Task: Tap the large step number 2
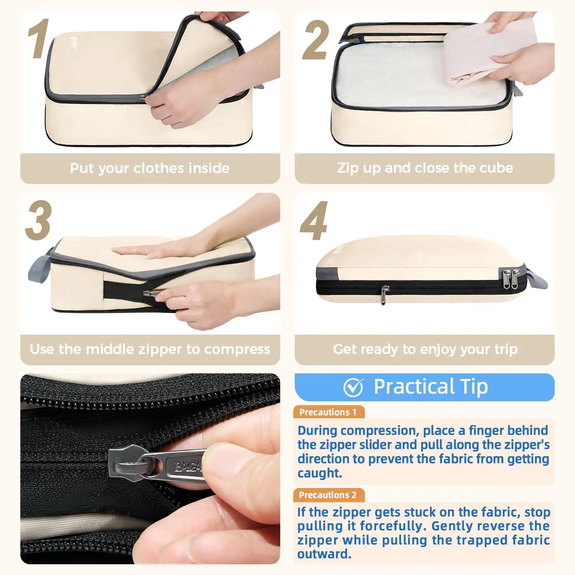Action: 315,41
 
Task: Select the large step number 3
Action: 38,221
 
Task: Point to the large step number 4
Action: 314,222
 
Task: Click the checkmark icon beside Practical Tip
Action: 353,387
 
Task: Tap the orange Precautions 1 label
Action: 328,412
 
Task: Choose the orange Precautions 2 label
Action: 328,495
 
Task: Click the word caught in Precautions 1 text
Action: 319,473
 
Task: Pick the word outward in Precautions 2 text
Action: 324,554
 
